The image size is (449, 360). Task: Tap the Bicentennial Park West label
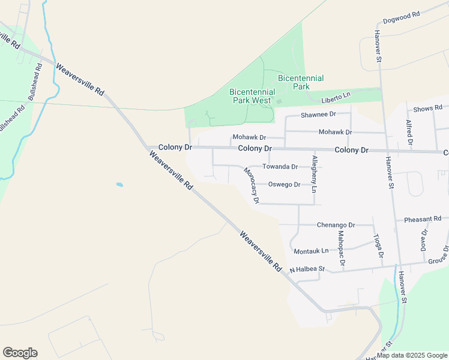pos(252,96)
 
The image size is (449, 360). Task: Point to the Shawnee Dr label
pos(318,114)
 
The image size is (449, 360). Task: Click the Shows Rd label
pos(428,109)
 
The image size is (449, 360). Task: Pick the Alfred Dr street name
pos(409,133)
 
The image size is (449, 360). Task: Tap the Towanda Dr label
pos(280,166)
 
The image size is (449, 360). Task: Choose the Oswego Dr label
pos(284,184)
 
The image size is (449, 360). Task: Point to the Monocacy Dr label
pos(252,185)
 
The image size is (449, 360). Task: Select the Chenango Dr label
pos(336,225)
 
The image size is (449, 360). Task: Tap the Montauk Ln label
pos(312,250)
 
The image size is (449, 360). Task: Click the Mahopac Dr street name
pos(341,248)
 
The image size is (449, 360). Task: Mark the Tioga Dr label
pos(379,246)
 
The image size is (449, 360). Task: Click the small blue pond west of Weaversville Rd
pos(119,185)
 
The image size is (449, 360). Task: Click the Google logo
pos(20,353)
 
